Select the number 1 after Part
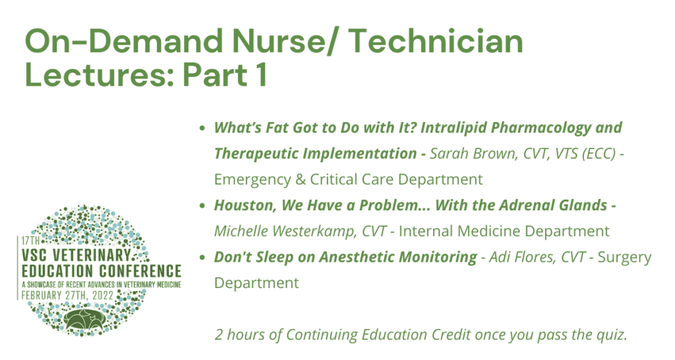pyautogui.click(x=260, y=75)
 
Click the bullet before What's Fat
pyautogui.click(x=202, y=128)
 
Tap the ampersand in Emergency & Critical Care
pyautogui.click(x=301, y=179)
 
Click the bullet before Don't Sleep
pyautogui.click(x=202, y=257)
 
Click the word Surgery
pyautogui.click(x=624, y=258)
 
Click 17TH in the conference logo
pyautogui.click(x=30, y=240)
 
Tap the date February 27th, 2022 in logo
pyautogui.click(x=67, y=295)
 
